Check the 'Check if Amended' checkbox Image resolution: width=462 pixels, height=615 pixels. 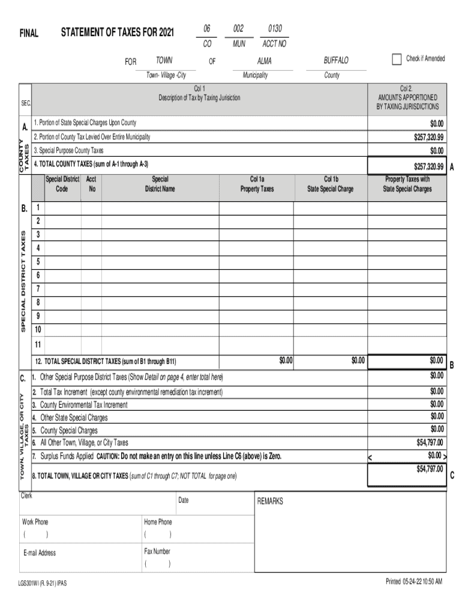(x=396, y=59)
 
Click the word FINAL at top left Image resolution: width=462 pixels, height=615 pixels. (x=28, y=34)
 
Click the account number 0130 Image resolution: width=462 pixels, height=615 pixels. (x=275, y=29)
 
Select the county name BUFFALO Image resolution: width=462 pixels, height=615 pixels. (x=335, y=61)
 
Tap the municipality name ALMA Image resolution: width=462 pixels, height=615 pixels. (x=264, y=61)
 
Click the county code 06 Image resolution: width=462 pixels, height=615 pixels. (x=207, y=29)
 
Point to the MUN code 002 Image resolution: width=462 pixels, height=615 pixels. (x=238, y=29)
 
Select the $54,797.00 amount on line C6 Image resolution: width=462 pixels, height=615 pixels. (x=430, y=442)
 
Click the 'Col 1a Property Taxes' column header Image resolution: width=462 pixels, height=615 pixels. (x=257, y=184)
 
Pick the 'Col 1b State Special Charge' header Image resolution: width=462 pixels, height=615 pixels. (x=331, y=184)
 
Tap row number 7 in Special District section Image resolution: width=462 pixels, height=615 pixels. (x=38, y=288)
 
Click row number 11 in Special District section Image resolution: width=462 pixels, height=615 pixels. (x=38, y=344)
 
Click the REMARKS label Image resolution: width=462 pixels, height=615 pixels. (x=270, y=501)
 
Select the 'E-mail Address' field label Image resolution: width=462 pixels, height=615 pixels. (x=39, y=553)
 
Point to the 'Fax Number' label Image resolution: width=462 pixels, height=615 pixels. (x=157, y=551)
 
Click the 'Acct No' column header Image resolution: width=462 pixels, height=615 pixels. (x=92, y=184)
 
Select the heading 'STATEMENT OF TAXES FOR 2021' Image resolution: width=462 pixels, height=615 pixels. (x=117, y=32)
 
